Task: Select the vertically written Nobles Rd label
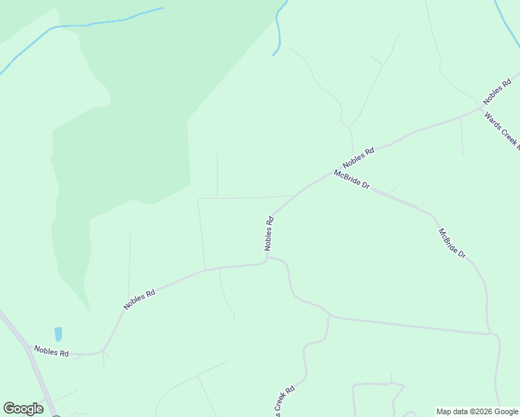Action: (x=269, y=234)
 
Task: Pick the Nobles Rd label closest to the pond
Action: (x=51, y=352)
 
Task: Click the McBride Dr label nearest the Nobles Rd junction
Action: (x=351, y=181)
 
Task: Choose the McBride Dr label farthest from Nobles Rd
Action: (x=452, y=243)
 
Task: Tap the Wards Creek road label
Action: (x=502, y=131)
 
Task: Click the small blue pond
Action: (x=58, y=334)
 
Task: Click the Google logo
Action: (x=23, y=409)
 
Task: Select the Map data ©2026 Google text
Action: (x=477, y=411)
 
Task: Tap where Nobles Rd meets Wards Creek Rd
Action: (x=481, y=108)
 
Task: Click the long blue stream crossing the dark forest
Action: (x=83, y=26)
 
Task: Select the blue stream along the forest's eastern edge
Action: (x=279, y=28)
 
